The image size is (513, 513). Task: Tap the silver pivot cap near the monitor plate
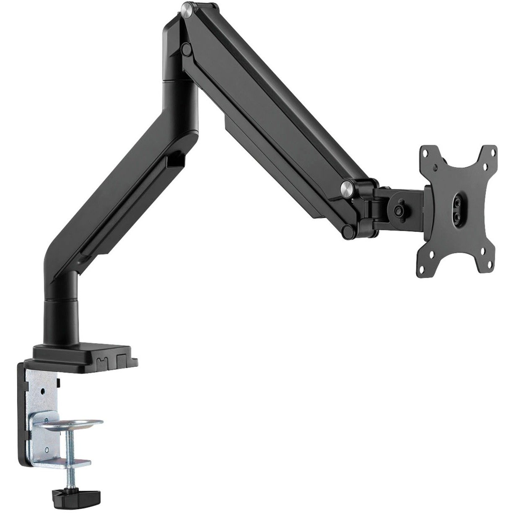point(347,187)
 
